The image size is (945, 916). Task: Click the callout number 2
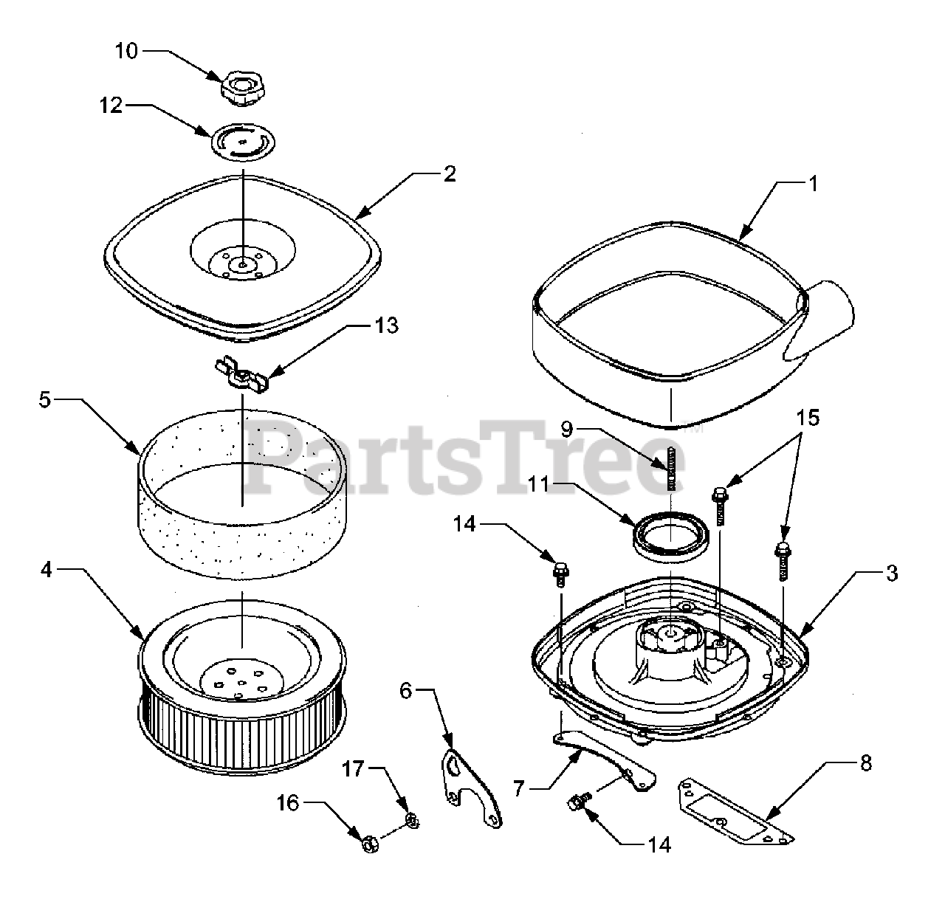tap(449, 174)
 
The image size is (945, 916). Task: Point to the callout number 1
tap(813, 184)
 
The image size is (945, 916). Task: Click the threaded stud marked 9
tap(672, 468)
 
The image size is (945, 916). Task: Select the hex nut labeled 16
tap(368, 841)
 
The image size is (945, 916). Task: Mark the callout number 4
tap(46, 571)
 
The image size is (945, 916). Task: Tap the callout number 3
tap(892, 573)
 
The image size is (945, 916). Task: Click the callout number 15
tap(808, 419)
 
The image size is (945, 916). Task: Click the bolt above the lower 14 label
tap(579, 801)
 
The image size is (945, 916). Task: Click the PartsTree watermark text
tap(465, 458)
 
